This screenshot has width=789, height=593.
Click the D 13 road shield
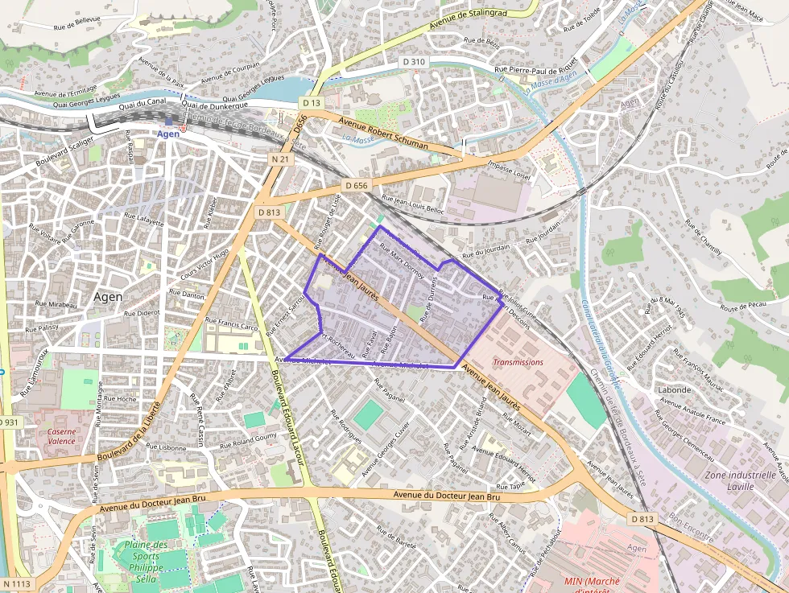[312, 103]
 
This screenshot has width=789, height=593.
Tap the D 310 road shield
[414, 62]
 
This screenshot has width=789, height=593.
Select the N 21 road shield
[280, 159]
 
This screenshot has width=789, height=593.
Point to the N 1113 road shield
[17, 583]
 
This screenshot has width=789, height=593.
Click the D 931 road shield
[8, 422]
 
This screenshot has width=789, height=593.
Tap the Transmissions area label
[518, 362]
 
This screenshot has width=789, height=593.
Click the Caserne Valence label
[61, 436]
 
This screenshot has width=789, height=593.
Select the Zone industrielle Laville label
[740, 480]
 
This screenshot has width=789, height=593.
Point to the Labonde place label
[674, 390]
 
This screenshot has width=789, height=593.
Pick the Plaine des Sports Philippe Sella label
[146, 562]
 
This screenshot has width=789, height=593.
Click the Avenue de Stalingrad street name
[469, 19]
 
